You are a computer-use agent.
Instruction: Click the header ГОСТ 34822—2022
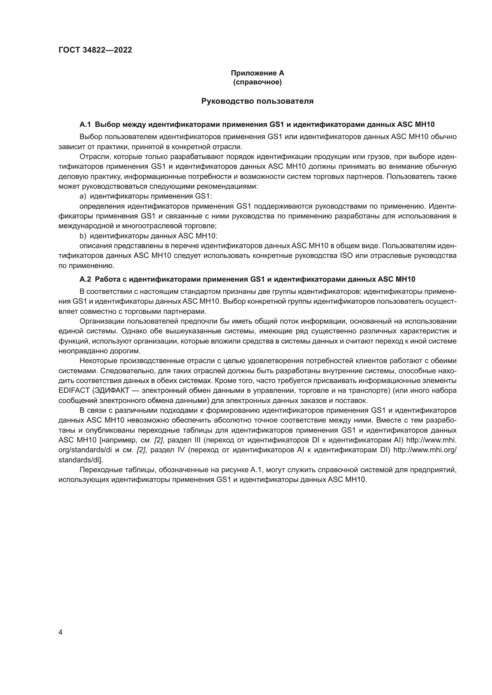click(95, 50)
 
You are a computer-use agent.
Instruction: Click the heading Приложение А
click(257, 73)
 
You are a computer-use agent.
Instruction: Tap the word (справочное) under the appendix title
click(257, 82)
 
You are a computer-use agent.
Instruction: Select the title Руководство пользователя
click(257, 101)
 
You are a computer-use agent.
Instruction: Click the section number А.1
click(85, 124)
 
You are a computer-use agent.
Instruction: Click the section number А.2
click(85, 279)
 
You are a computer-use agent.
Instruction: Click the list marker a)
click(83, 196)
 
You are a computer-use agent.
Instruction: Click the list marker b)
click(83, 236)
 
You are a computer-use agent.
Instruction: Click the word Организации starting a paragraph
click(101, 322)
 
